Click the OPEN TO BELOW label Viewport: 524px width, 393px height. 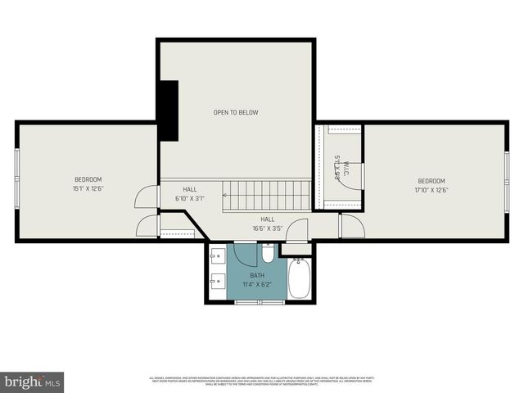pyautogui.click(x=236, y=112)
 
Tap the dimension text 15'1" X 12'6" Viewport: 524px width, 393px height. pyautogui.click(x=88, y=188)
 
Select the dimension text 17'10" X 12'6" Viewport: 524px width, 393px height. pyautogui.click(x=431, y=190)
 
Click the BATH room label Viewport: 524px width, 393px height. pyautogui.click(x=258, y=275)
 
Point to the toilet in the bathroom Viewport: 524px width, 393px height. pyautogui.click(x=269, y=252)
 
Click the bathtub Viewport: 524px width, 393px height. pyautogui.click(x=299, y=279)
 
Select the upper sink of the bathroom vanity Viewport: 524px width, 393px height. pyautogui.click(x=217, y=256)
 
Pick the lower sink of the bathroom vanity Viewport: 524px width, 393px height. pyautogui.click(x=217, y=282)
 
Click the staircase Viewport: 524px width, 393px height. pyautogui.click(x=268, y=195)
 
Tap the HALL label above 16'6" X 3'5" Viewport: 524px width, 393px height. pyautogui.click(x=268, y=219)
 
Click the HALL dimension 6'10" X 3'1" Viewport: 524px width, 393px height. pyautogui.click(x=189, y=198)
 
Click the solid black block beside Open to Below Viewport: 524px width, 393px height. pyautogui.click(x=169, y=110)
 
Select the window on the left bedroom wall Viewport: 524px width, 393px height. pyautogui.click(x=17, y=181)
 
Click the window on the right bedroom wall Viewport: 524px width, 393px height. pyautogui.click(x=507, y=181)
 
